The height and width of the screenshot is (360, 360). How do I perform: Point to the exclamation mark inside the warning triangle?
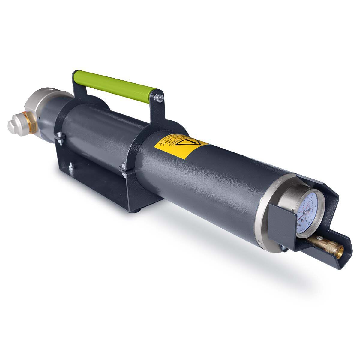coord(190,142)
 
